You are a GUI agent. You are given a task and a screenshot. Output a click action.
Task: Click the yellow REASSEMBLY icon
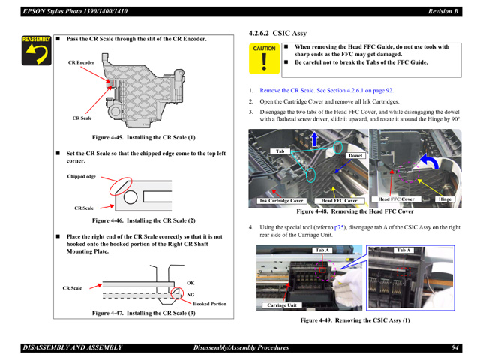35,49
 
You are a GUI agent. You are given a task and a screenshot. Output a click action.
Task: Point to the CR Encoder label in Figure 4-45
82,62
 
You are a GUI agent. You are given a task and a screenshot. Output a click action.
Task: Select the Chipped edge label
82,177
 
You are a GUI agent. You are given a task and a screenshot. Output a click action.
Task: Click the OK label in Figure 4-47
190,283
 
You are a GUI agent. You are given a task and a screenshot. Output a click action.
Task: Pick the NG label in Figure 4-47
190,294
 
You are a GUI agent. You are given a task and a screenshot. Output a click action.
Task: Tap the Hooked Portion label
210,304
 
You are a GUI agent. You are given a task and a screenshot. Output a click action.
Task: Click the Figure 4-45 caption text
143,138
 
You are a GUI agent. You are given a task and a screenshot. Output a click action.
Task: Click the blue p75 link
340,226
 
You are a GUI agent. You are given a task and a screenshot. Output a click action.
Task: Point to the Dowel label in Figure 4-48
355,156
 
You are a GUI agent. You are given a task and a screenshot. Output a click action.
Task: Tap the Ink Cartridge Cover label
281,200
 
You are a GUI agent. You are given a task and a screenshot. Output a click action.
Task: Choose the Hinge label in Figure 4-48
445,199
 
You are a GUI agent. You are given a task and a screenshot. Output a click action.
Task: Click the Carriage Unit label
282,305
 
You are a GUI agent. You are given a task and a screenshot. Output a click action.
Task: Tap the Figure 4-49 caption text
355,320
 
